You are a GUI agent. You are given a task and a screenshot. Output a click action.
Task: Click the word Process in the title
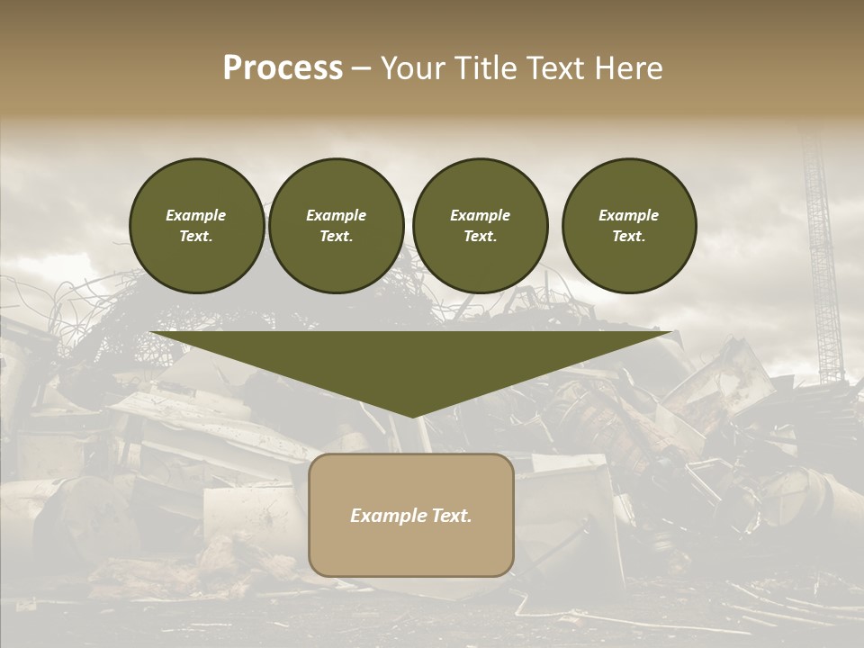coord(283,68)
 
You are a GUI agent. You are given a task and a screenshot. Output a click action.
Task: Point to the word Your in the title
coord(413,68)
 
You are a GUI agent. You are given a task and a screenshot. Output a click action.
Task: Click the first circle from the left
coord(197,226)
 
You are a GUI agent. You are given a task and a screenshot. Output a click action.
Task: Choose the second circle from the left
coord(337,226)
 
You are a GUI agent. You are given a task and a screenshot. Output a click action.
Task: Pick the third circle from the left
coord(480,226)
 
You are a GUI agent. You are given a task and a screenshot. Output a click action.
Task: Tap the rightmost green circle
coord(629,226)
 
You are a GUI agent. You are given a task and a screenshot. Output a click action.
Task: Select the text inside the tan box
coord(411,516)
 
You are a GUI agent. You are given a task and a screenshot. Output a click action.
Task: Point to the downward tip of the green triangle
coord(413,415)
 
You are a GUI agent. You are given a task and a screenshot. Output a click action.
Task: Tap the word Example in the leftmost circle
coord(196,215)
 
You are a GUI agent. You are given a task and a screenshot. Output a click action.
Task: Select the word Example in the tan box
coord(385,516)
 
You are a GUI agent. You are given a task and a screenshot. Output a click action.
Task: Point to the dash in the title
coord(362,68)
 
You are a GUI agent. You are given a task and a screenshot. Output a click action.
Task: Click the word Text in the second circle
coord(335,237)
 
